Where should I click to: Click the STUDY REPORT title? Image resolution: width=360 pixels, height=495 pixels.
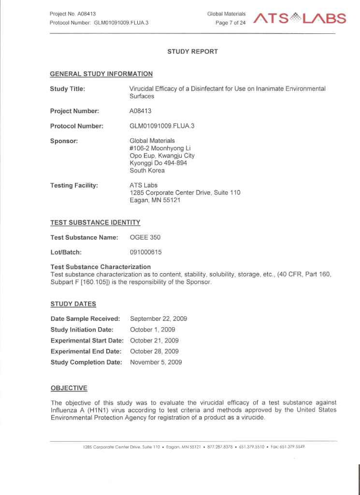click(192, 51)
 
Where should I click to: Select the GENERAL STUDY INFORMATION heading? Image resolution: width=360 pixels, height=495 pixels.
click(101, 74)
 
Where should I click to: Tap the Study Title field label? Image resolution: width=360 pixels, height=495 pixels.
click(68, 89)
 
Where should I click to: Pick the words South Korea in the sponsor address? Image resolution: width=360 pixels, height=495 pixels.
click(147, 171)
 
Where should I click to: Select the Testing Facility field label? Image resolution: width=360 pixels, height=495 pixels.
click(74, 185)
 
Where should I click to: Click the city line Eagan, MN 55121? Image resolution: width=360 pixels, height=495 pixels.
click(155, 200)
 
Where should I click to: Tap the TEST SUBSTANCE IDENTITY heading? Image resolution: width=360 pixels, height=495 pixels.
click(95, 222)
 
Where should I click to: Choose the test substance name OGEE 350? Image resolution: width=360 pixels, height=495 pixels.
click(145, 237)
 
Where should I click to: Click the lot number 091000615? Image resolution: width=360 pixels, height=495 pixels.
click(146, 252)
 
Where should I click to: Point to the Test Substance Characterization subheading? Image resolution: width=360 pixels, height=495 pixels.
click(101, 267)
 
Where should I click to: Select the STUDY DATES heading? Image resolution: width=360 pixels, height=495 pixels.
click(73, 304)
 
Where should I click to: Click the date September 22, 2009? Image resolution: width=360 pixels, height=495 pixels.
click(158, 319)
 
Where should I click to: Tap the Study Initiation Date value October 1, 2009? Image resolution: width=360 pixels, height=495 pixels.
click(152, 330)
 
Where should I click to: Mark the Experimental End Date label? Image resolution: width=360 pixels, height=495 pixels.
click(86, 351)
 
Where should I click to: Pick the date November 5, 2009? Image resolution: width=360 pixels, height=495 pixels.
click(156, 363)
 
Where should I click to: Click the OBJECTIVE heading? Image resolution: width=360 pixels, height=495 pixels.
click(69, 388)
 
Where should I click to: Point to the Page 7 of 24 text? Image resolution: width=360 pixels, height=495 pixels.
click(231, 23)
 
